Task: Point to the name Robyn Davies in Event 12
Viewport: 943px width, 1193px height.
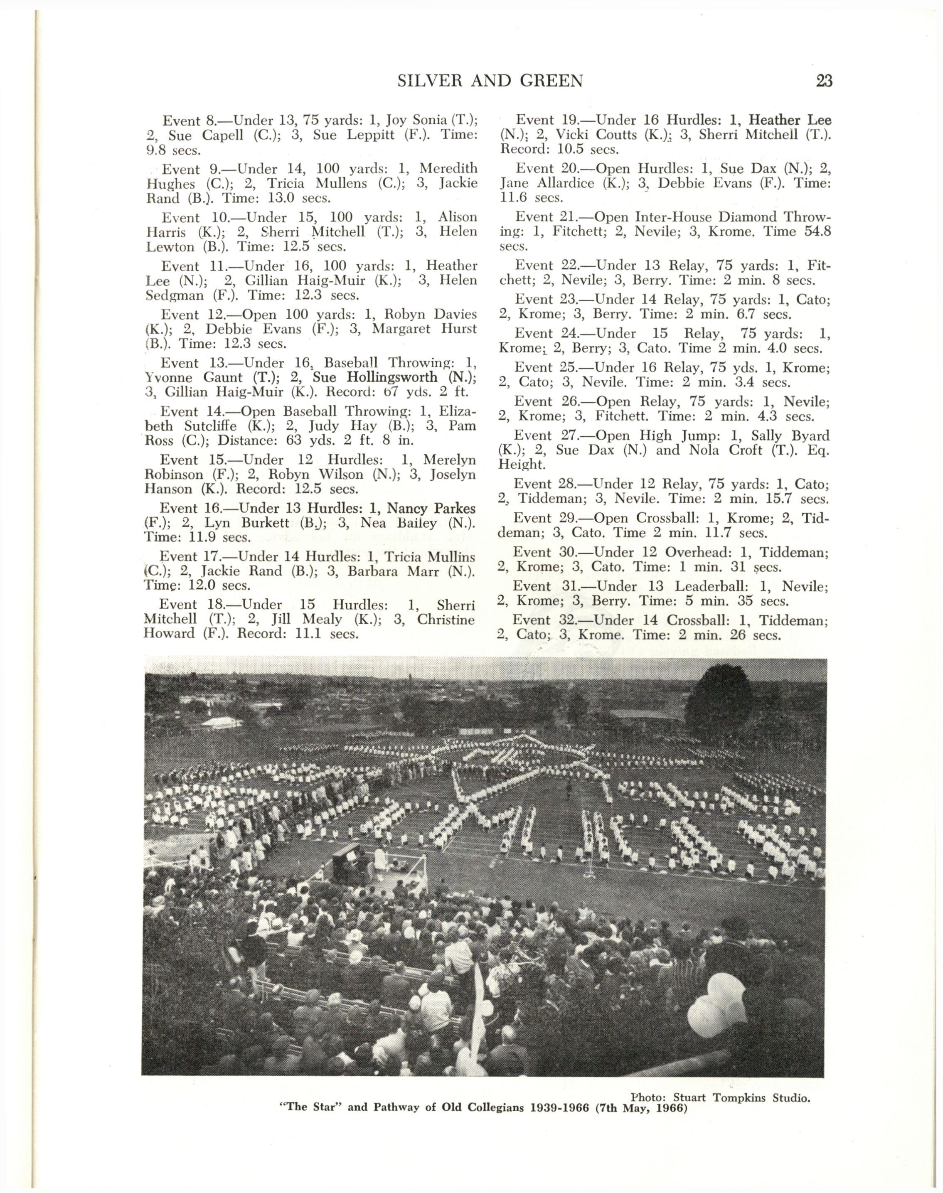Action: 430,315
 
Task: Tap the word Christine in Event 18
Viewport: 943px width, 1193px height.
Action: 446,620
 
